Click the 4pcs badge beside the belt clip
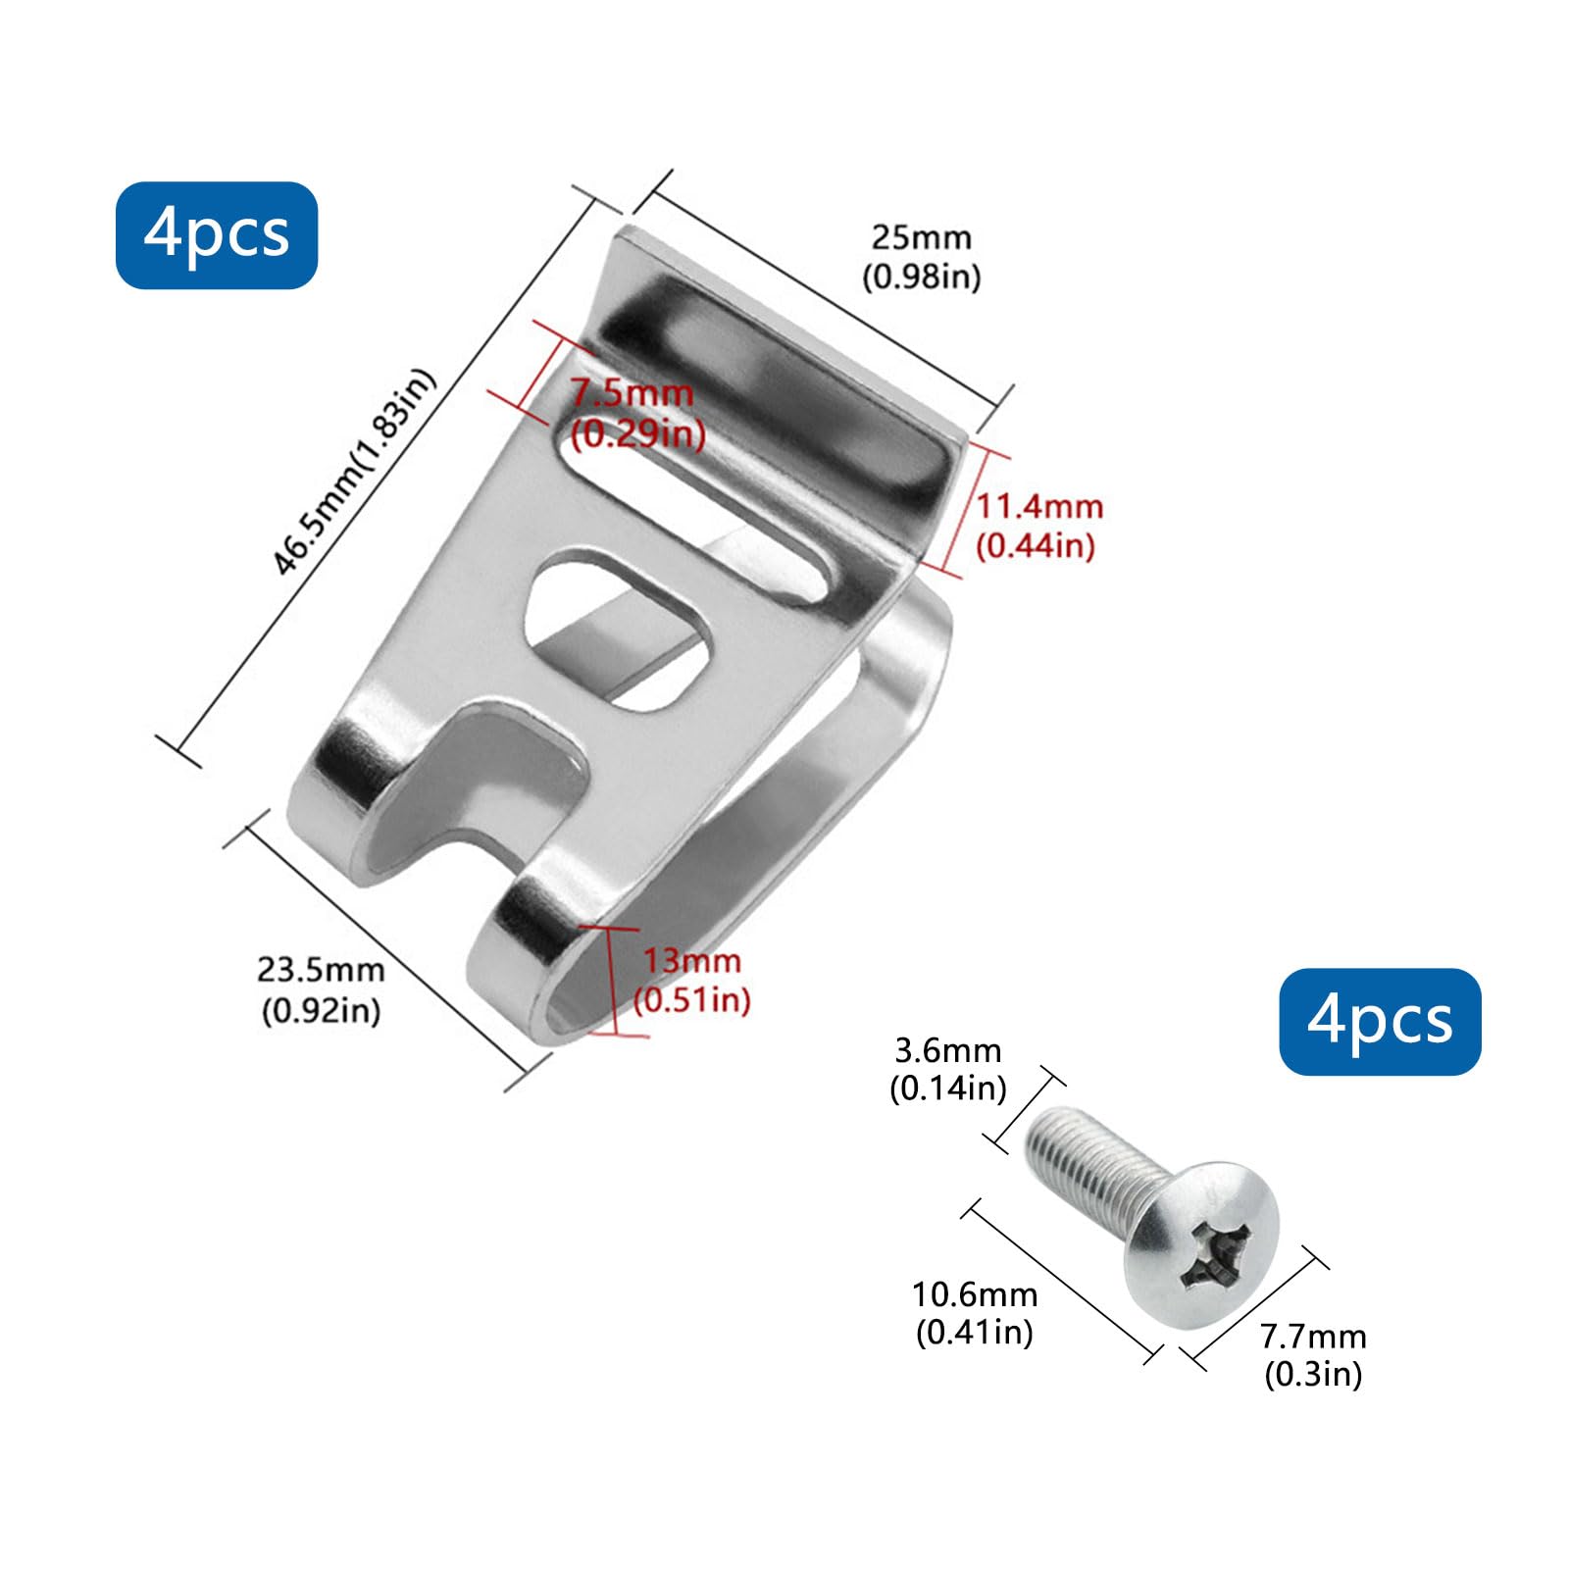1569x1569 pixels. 217,235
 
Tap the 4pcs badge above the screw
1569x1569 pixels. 1380,1022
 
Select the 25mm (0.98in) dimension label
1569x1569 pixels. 921,257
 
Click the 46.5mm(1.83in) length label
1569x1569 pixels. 354,472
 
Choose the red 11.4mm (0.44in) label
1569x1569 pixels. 1038,526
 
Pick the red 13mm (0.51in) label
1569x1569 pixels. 692,980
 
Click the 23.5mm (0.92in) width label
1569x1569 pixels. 321,989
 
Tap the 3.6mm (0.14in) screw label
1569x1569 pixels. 948,1069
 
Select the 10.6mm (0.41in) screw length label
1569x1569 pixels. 975,1313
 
